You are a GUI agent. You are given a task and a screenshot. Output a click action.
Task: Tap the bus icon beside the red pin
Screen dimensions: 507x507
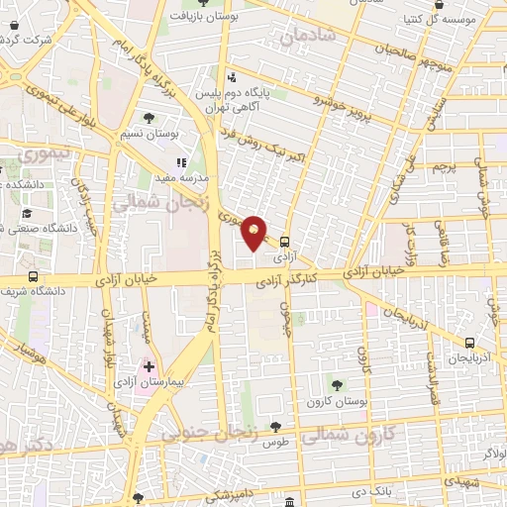click(284, 241)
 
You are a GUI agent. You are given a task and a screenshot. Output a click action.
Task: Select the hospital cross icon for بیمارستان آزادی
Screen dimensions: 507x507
click(149, 367)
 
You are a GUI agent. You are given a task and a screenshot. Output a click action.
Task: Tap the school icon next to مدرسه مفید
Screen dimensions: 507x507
click(181, 161)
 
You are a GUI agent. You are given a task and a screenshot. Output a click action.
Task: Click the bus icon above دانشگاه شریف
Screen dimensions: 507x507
click(34, 276)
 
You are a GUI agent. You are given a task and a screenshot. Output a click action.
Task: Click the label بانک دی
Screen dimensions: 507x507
click(374, 490)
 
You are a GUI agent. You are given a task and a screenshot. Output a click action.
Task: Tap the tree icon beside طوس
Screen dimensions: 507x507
click(276, 427)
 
